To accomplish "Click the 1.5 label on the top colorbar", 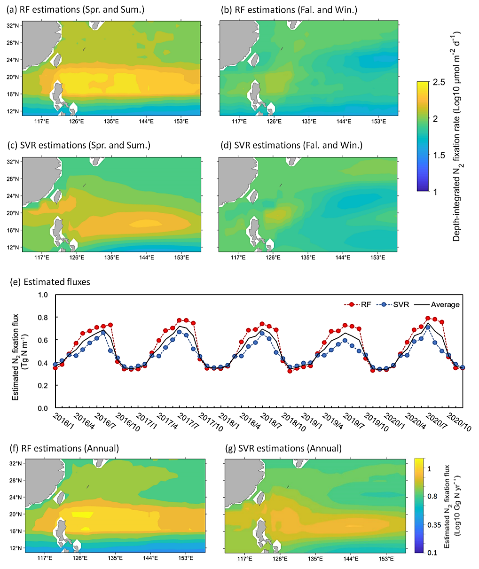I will click(x=439, y=156).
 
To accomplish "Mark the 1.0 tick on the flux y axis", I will click(x=43, y=295).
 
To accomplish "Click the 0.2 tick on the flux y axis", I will click(x=43, y=385).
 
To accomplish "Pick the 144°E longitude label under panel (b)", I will click(x=344, y=121).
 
